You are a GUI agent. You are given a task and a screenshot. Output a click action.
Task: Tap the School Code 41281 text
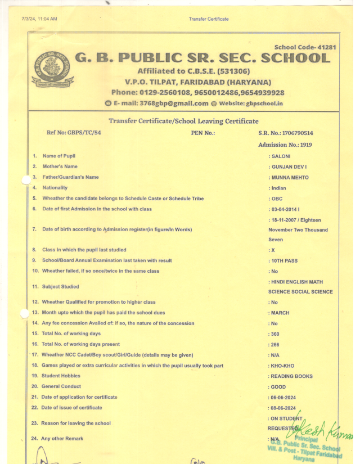click(305, 47)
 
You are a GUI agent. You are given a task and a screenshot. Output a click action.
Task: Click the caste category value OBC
click(277, 199)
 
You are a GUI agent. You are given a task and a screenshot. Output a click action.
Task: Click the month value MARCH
click(280, 313)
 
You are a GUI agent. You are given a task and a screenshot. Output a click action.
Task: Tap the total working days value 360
click(275, 334)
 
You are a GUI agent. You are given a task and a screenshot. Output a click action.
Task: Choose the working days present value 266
click(275, 344)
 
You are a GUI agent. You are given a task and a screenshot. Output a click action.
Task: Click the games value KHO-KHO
click(282, 366)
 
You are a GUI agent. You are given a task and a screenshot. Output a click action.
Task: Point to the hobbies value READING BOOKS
click(290, 376)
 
